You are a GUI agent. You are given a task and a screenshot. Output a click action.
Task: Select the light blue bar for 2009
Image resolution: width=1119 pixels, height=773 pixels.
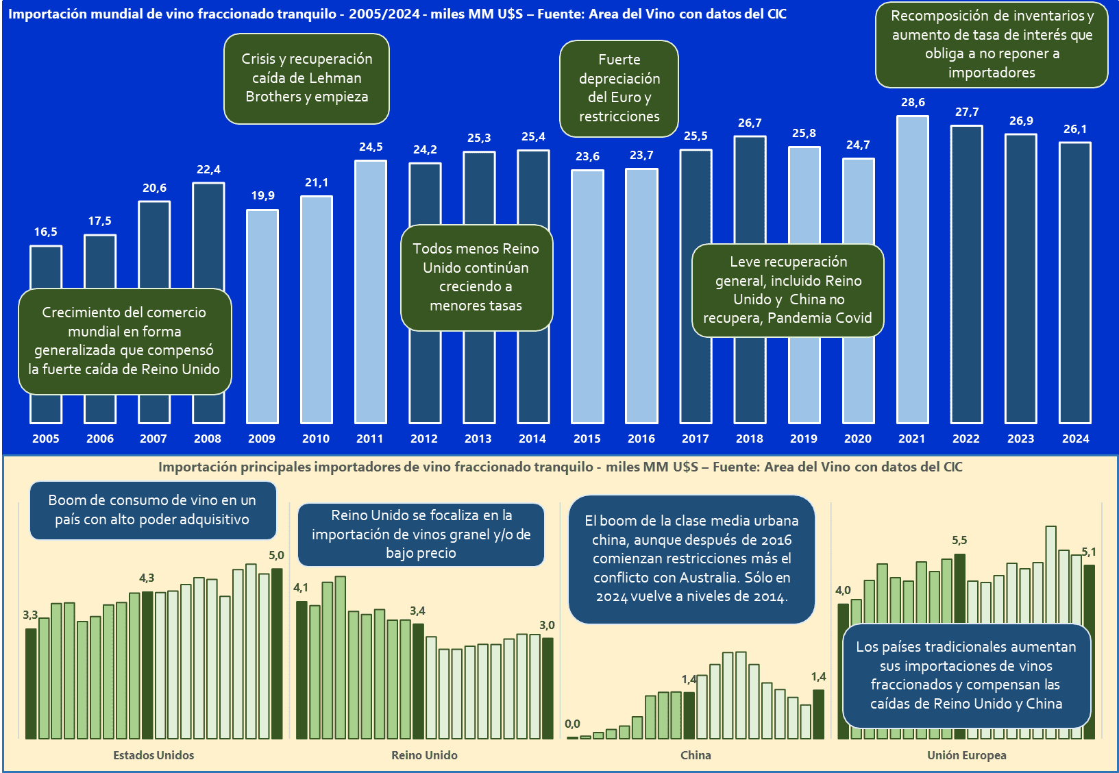click(262, 316)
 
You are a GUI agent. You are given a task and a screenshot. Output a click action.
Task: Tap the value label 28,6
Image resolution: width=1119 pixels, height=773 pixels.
click(913, 103)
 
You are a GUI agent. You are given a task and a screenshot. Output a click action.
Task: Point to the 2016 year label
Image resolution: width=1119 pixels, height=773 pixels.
click(641, 439)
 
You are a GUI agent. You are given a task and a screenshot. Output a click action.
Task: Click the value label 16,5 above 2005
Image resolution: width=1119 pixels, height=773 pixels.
click(46, 232)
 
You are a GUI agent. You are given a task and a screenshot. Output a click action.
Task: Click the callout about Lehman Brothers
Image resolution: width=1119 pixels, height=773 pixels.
click(306, 78)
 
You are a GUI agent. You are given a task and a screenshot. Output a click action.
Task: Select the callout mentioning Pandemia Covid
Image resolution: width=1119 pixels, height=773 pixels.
click(787, 290)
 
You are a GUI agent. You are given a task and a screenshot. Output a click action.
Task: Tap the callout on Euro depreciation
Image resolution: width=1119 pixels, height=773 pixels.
click(619, 88)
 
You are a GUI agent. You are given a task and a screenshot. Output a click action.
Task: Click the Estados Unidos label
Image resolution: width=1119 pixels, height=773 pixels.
click(153, 755)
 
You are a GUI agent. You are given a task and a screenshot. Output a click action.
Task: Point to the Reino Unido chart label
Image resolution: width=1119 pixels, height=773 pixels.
click(424, 755)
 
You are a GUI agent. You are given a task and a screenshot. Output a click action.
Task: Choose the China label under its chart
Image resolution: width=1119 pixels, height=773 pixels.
click(696, 755)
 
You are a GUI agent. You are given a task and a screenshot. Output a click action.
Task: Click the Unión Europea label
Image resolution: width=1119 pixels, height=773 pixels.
click(966, 755)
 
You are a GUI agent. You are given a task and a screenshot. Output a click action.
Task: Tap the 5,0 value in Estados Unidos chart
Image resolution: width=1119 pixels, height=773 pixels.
click(276, 556)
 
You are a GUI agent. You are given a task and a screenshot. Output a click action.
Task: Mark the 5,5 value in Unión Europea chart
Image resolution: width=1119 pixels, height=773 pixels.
click(959, 541)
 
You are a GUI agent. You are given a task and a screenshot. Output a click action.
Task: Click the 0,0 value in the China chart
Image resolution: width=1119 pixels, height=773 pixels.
click(572, 724)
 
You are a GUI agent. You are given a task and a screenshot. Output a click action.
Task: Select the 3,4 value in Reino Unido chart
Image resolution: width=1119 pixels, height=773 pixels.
click(417, 611)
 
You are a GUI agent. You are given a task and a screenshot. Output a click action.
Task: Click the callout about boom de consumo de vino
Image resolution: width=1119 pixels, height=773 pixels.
click(152, 510)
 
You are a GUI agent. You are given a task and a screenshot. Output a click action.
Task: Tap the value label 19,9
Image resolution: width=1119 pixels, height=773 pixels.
click(262, 196)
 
